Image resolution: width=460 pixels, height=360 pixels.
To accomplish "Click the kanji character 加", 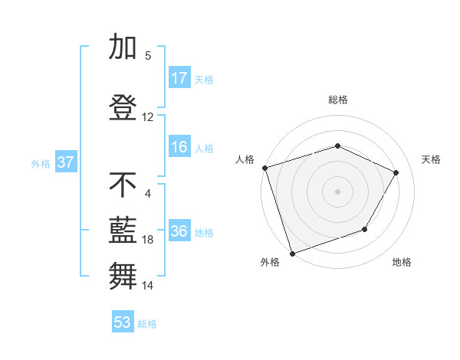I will (x=124, y=47).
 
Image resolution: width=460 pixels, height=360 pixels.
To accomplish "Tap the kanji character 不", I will (x=124, y=185).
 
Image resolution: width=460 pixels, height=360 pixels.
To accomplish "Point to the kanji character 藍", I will (x=124, y=229).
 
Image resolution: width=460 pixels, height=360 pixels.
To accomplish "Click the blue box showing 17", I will (x=179, y=78).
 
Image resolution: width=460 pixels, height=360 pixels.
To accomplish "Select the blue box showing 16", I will (x=179, y=147).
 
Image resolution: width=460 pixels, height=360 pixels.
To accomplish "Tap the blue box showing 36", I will (x=179, y=232).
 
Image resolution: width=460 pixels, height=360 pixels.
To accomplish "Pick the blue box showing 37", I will (x=65, y=162).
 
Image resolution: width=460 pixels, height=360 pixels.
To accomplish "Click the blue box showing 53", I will (x=123, y=322).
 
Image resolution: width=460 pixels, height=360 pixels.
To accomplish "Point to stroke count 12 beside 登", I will (x=148, y=117).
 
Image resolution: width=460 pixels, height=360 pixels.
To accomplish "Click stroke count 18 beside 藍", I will (x=148, y=240).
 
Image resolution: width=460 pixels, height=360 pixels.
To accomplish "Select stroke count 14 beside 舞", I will (x=148, y=286).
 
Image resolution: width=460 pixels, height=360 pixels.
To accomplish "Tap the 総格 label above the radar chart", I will (x=338, y=100).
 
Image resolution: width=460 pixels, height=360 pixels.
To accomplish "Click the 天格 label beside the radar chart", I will (x=432, y=159).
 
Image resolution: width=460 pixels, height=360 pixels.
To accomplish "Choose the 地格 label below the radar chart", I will (x=402, y=262).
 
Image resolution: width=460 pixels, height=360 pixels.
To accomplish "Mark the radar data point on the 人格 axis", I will (x=264, y=168).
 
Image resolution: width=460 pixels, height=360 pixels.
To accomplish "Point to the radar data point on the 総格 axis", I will (x=337, y=146).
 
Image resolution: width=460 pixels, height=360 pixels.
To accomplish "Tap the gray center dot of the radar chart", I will (x=337, y=191).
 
